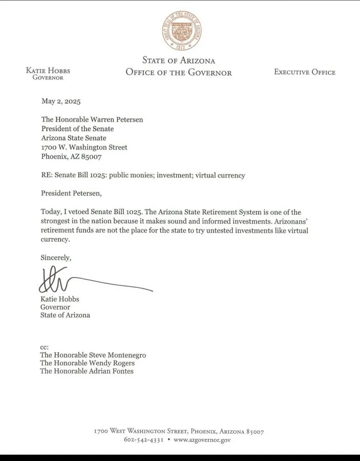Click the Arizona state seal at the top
182,31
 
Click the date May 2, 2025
60,101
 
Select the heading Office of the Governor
179,72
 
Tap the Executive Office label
305,72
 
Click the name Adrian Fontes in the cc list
114,371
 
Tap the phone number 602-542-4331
144,440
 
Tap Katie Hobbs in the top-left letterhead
48,70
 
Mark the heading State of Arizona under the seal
179,61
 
